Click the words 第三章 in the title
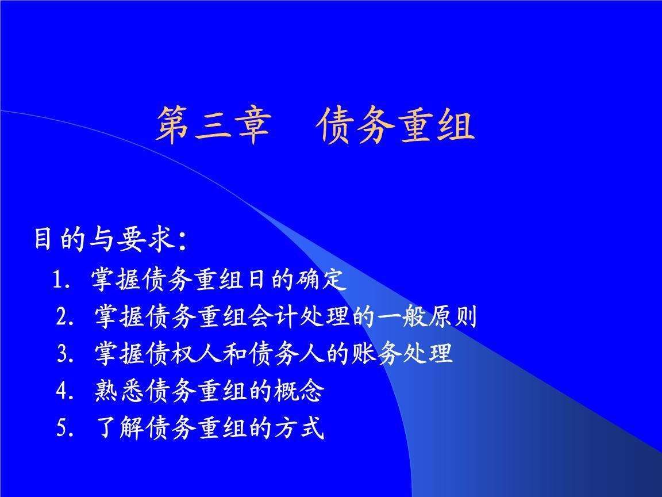pos(214,125)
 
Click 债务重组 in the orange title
pos(395,125)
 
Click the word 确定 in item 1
pos(321,279)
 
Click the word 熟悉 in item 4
pos(120,391)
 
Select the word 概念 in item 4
pos(299,391)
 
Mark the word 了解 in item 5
pos(120,428)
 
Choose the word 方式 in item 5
pos(299,428)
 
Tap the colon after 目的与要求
pos(182,242)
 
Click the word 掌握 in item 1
pos(116,279)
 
